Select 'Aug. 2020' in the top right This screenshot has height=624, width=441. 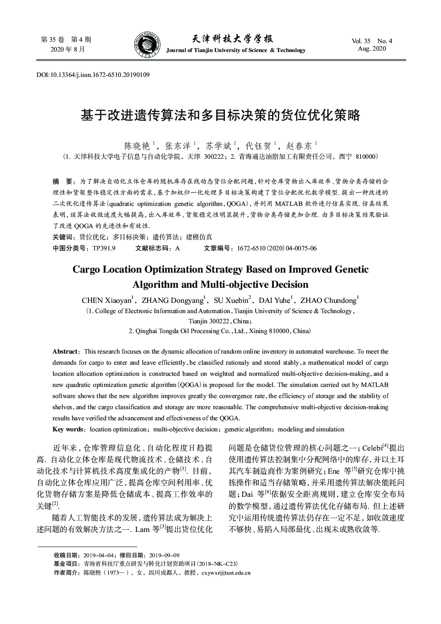(x=372, y=48)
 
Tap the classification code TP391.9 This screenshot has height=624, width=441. (x=104, y=248)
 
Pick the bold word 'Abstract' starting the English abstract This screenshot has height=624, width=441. (x=65, y=351)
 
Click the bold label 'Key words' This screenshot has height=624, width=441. (x=68, y=429)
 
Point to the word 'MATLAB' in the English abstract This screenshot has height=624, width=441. (x=374, y=385)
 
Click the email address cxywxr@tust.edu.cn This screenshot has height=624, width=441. (x=226, y=572)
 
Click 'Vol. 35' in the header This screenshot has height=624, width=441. (x=361, y=41)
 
